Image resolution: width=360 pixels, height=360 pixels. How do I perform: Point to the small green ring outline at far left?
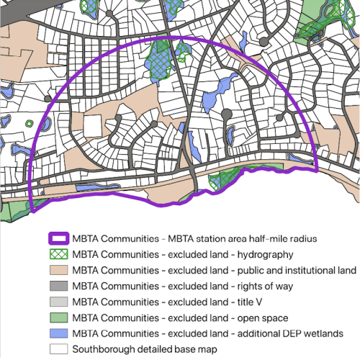tap(30, 122)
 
